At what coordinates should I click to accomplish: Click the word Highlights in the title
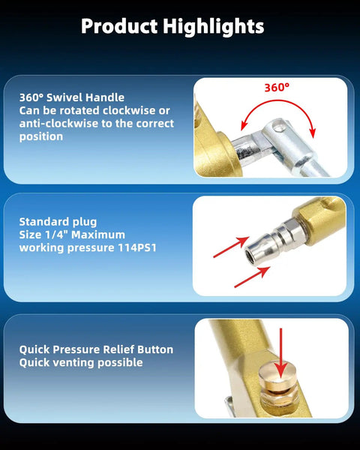point(214,27)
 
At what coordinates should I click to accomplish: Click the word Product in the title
point(119,25)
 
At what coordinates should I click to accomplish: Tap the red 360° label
point(277,88)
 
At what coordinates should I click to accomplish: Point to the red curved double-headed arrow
point(278,101)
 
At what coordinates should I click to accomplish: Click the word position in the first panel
point(41,136)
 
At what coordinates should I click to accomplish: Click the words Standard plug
point(58,222)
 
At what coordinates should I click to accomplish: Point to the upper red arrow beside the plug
point(231,247)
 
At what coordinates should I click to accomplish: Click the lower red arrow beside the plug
point(252,277)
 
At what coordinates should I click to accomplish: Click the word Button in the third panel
point(155,349)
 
